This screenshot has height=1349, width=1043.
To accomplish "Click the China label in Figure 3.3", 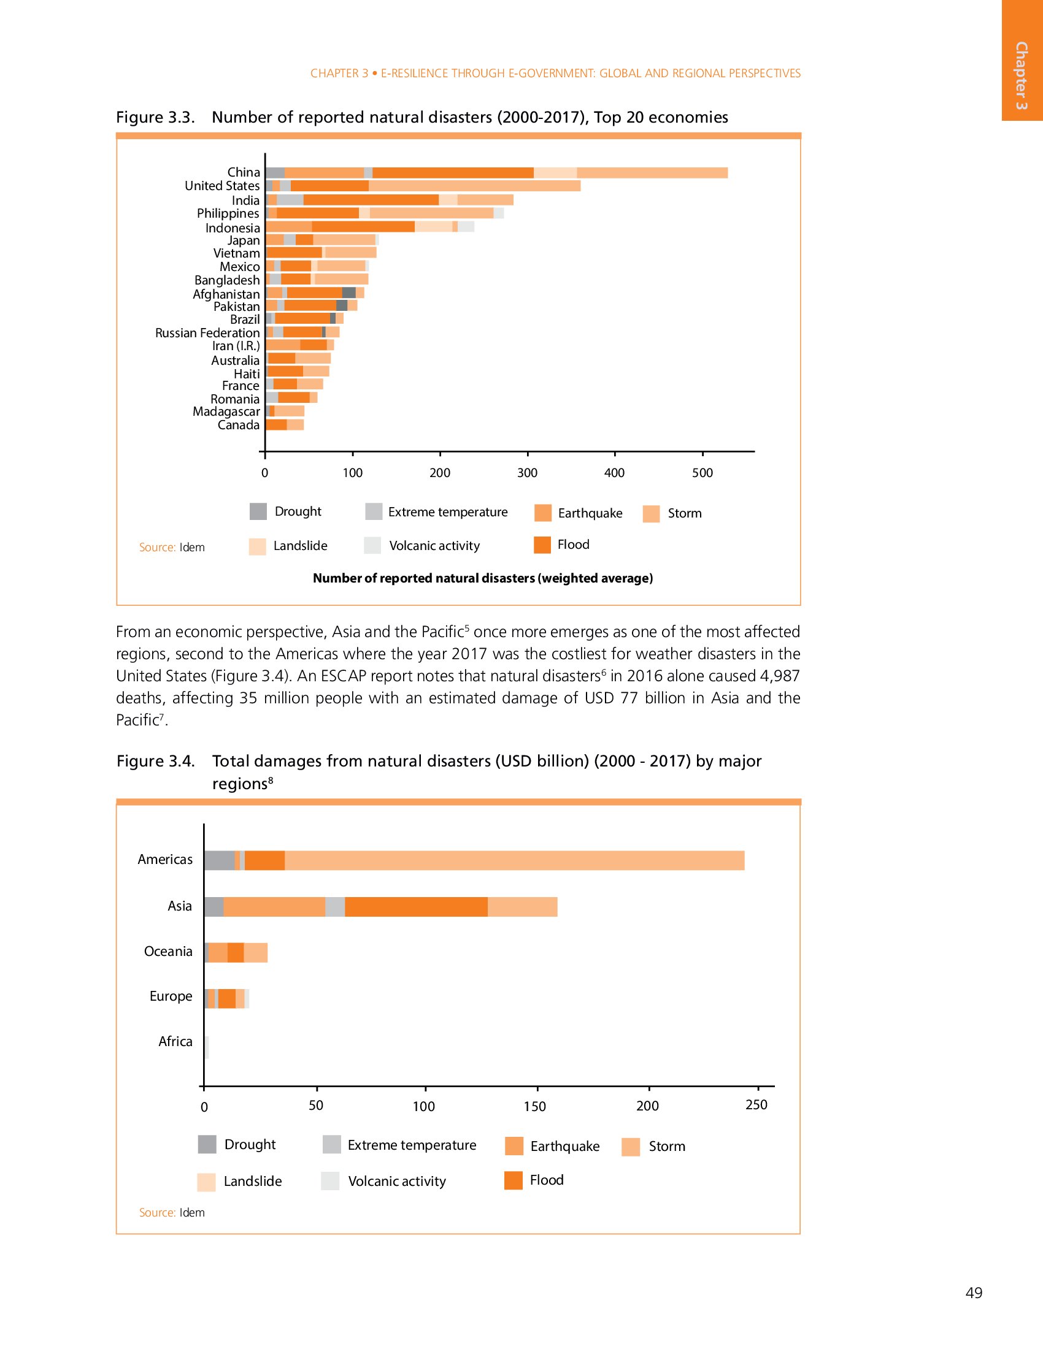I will pyautogui.click(x=244, y=172).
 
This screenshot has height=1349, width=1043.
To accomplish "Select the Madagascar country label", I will pyautogui.click(x=226, y=411).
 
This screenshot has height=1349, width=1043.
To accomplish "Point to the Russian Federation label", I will pyautogui.click(x=207, y=333).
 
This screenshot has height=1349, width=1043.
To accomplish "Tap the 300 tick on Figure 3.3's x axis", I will pyautogui.click(x=527, y=473).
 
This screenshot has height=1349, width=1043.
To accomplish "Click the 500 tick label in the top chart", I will pyautogui.click(x=702, y=473).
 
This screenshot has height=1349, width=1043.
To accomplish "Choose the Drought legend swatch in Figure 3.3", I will pyautogui.click(x=258, y=511).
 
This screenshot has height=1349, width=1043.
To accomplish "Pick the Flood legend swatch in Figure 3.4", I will pyautogui.click(x=514, y=1180).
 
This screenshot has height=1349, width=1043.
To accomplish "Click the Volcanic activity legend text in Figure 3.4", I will pyautogui.click(x=397, y=1181).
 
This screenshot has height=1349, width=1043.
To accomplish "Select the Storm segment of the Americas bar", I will pyautogui.click(x=514, y=860).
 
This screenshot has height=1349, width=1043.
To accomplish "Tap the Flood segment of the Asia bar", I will pyautogui.click(x=416, y=907).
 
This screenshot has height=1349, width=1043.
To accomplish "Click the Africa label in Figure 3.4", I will pyautogui.click(x=175, y=1041).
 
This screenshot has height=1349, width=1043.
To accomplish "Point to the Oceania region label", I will pyautogui.click(x=168, y=951).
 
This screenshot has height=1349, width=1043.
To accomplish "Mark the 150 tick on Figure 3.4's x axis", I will pyautogui.click(x=535, y=1106).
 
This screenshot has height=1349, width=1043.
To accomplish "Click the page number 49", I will pyautogui.click(x=974, y=1293).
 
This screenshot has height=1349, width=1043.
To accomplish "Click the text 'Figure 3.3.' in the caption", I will pyautogui.click(x=156, y=117).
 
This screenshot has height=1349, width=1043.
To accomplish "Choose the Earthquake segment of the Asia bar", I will pyautogui.click(x=274, y=907).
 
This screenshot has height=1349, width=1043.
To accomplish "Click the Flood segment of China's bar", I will pyautogui.click(x=453, y=173).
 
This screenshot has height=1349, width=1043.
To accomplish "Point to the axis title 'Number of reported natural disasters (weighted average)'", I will pyautogui.click(x=483, y=578).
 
